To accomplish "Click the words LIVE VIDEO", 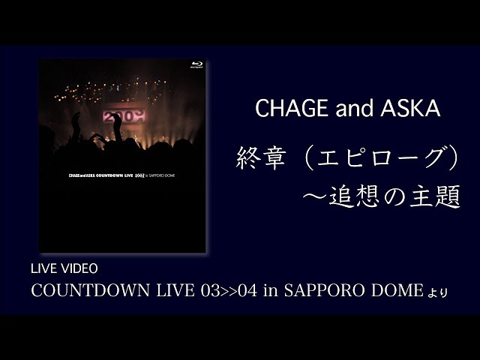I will pos(64,268).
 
